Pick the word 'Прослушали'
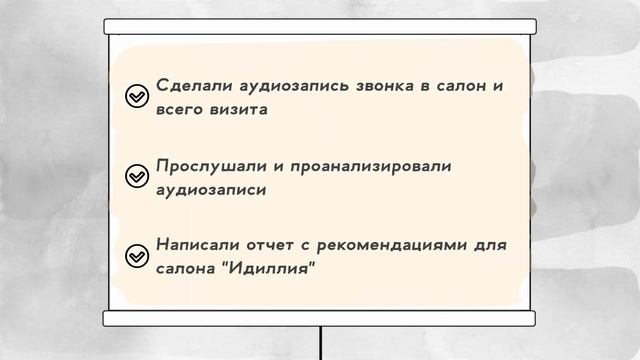[x=207, y=166]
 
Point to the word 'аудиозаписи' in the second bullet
[x=211, y=188]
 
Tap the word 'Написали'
[x=195, y=246]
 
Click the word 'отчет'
[x=271, y=246]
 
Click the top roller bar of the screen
[x=320, y=27]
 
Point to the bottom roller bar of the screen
[x=320, y=319]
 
